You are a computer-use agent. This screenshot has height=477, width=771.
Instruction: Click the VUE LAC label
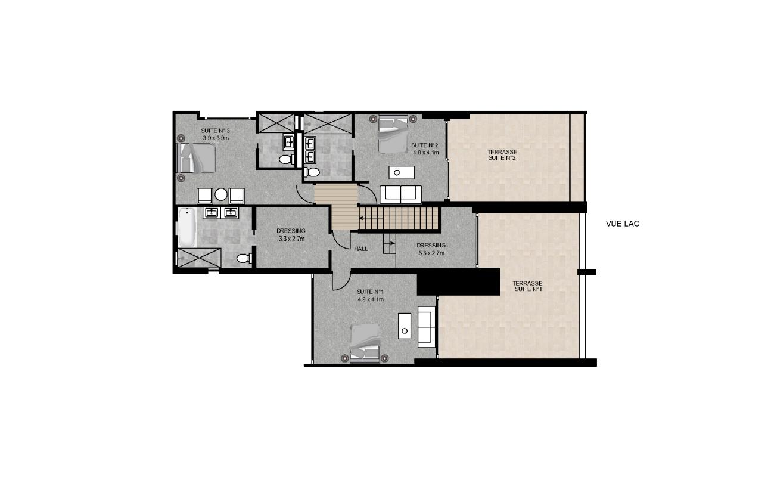(622, 224)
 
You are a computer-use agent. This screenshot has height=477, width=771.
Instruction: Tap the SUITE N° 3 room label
(215, 131)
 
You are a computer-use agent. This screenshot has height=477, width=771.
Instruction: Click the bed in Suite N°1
(365, 344)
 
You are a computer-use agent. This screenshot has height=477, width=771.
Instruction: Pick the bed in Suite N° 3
(196, 158)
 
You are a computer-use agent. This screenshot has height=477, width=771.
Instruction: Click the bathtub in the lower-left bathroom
(187, 227)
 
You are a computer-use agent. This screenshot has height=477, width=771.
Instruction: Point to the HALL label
(360, 249)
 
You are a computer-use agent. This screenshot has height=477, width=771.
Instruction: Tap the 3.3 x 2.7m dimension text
(291, 238)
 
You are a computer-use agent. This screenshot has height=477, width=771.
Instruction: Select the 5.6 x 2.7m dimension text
(431, 253)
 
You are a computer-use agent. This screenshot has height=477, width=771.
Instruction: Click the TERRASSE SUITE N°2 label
(502, 155)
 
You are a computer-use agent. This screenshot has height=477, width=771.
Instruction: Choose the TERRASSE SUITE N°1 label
(528, 286)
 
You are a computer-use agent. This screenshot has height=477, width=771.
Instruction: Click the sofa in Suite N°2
(400, 194)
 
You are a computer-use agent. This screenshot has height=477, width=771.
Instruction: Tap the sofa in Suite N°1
(427, 327)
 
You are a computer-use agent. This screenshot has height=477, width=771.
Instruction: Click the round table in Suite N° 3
(221, 194)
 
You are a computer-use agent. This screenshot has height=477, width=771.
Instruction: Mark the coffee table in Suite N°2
(402, 172)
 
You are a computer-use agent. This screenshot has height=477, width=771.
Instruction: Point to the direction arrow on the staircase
(371, 218)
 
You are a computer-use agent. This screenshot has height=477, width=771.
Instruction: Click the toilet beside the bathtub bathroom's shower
(244, 258)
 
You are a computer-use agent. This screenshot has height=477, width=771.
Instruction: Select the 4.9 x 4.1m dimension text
(371, 299)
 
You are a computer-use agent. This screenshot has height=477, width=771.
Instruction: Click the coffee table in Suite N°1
(405, 326)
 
